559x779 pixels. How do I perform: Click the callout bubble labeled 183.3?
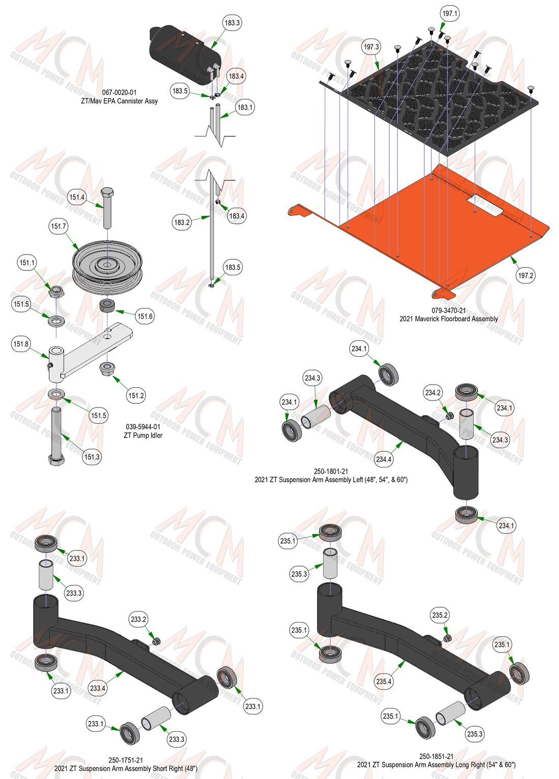coord(232,23)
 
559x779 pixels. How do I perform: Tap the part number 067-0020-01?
coord(119,92)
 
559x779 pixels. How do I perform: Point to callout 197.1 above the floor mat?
coord(449,14)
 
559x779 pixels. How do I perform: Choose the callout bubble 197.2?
coord(525,275)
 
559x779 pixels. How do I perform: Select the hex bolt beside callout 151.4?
coord(108,208)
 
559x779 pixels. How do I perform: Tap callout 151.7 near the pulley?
coord(58,227)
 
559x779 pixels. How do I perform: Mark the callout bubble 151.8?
coord(21,344)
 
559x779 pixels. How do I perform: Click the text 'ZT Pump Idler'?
coord(143,435)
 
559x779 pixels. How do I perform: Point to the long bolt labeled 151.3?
coord(56,436)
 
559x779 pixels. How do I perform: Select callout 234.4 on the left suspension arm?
coord(384,459)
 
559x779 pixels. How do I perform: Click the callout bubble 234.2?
coord(433,393)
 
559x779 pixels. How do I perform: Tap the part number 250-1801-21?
coord(331,472)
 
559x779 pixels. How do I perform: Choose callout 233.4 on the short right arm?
coord(98,688)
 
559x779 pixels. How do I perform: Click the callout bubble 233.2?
coord(138,619)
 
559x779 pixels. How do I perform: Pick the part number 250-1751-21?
coord(126,760)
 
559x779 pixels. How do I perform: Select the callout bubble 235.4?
coord(384,681)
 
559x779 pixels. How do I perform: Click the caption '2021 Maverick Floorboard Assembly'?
coord(448,319)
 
